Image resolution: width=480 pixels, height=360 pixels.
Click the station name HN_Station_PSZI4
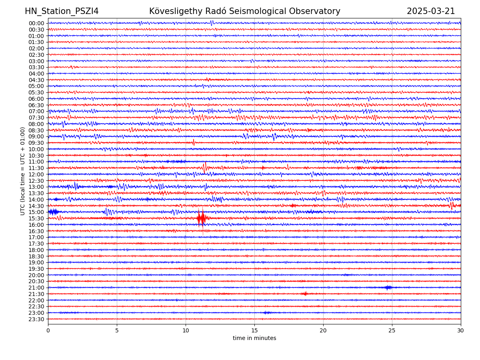coord(62,11)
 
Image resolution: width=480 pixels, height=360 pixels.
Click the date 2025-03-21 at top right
coord(431,11)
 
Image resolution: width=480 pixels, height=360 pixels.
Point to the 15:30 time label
coord(36,218)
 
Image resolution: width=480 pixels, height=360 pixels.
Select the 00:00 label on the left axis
coord(36,23)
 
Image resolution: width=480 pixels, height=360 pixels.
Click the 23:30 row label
coord(36,319)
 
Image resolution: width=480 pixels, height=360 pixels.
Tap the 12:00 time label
coord(36,174)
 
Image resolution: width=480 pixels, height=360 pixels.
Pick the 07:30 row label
coord(36,118)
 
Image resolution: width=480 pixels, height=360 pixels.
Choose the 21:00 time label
coord(36,288)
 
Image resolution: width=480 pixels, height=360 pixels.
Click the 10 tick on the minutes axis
coord(186,330)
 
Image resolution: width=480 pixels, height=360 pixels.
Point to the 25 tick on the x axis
coord(392,330)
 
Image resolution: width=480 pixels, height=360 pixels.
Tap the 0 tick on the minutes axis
coord(48,330)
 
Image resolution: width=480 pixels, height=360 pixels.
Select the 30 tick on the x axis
coord(461,330)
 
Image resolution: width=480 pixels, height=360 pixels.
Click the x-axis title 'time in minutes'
coord(254,338)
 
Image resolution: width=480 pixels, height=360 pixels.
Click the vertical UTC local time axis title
coord(23,171)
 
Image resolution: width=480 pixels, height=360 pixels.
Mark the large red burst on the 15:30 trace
coord(201,218)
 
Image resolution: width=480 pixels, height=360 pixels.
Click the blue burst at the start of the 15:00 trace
coord(54,212)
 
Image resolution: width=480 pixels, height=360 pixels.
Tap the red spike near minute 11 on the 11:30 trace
coord(205,167)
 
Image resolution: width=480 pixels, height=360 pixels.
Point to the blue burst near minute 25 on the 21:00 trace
coord(387,287)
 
